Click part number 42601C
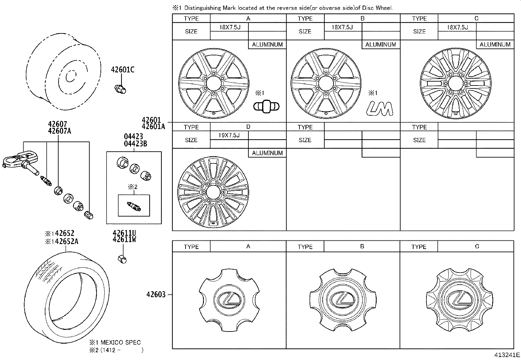click(122, 70)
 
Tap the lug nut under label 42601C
click(120, 89)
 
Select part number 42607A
click(59, 131)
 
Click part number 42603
click(156, 294)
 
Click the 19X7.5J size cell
click(229, 135)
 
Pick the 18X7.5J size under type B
click(342, 27)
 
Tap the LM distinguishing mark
click(380, 108)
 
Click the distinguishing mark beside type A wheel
click(266, 107)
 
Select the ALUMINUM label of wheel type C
click(495, 45)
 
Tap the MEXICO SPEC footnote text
click(120, 342)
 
